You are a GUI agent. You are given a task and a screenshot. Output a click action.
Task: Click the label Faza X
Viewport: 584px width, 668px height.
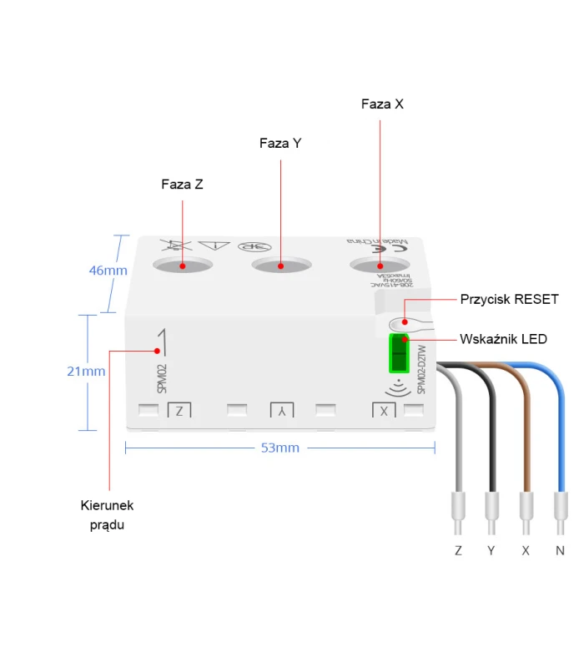(x=382, y=104)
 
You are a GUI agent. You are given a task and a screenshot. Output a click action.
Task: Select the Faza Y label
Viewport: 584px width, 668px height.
(x=280, y=144)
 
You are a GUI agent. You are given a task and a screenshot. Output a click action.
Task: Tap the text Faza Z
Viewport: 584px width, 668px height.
(x=182, y=185)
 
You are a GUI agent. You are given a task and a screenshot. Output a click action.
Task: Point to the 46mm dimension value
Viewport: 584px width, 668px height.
(x=108, y=271)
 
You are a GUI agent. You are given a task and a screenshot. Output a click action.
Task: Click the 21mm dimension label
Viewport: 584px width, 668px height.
(x=87, y=372)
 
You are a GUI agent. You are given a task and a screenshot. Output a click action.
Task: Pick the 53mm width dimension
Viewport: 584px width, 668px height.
(x=279, y=448)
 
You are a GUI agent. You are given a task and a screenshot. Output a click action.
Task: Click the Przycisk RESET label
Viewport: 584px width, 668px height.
(x=509, y=300)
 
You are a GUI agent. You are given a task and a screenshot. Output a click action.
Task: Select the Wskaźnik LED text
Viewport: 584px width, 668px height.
(x=503, y=340)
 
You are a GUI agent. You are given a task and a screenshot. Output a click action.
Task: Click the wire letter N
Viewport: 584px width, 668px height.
(x=560, y=551)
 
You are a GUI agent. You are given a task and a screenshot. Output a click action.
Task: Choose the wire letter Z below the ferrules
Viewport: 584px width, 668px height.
(x=458, y=551)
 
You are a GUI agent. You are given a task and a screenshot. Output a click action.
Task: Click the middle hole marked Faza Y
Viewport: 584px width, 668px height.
(x=280, y=266)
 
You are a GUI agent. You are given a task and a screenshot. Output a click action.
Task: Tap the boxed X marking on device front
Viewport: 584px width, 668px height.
(x=384, y=410)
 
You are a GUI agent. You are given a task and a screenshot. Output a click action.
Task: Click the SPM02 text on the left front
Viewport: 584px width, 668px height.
(x=161, y=377)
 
